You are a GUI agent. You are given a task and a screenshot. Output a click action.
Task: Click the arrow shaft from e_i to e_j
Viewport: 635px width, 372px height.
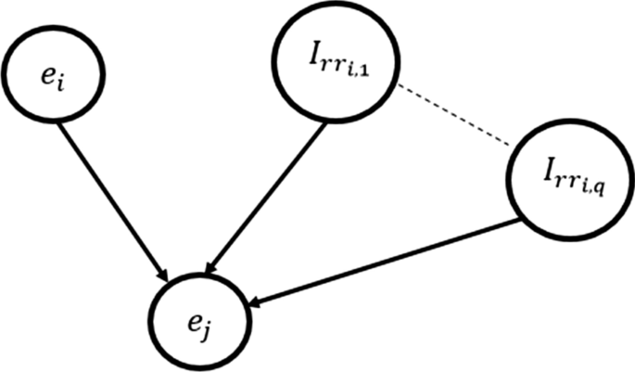[111, 200]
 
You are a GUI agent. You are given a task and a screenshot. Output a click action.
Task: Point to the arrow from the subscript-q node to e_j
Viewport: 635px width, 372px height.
[389, 261]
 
